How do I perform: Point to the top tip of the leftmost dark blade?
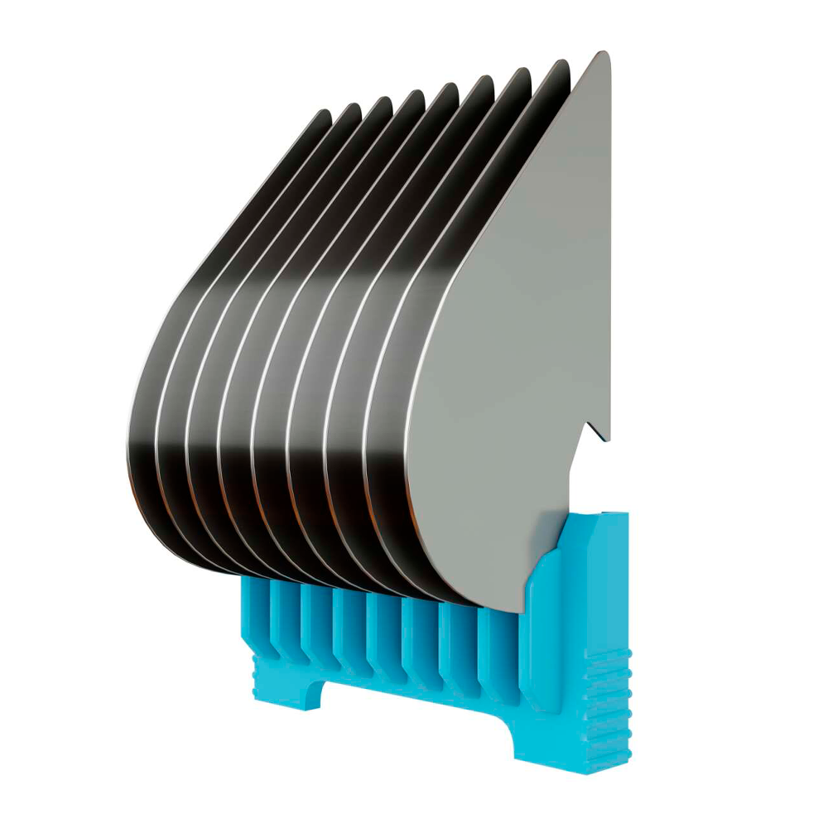pos(325,113)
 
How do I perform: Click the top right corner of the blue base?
pos(625,515)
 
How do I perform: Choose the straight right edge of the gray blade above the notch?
pos(610,248)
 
